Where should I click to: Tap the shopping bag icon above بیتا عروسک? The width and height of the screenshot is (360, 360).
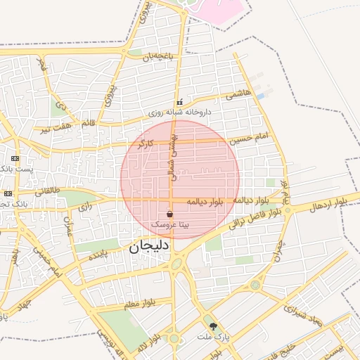pos(170,214)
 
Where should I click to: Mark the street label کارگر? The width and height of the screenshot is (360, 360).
pos(145,143)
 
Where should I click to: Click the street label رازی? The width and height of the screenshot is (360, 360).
pos(84,207)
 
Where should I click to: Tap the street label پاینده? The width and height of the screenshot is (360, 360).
pos(98,255)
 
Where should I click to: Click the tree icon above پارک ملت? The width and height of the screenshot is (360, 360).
pos(213,326)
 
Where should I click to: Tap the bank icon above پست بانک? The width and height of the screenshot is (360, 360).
pos(15,159)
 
